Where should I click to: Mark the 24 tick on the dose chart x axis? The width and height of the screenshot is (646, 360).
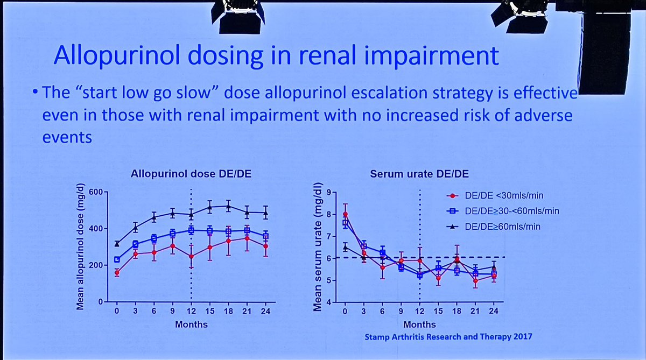264,312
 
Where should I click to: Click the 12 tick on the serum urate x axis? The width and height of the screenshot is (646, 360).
419,312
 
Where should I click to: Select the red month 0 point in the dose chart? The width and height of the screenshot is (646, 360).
117,273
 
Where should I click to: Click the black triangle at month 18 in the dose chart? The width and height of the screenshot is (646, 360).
228,206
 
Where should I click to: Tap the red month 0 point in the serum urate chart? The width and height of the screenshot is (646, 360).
345,214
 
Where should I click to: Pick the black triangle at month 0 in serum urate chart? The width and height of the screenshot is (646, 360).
345,247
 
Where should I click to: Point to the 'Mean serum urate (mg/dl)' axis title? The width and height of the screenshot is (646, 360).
317,248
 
